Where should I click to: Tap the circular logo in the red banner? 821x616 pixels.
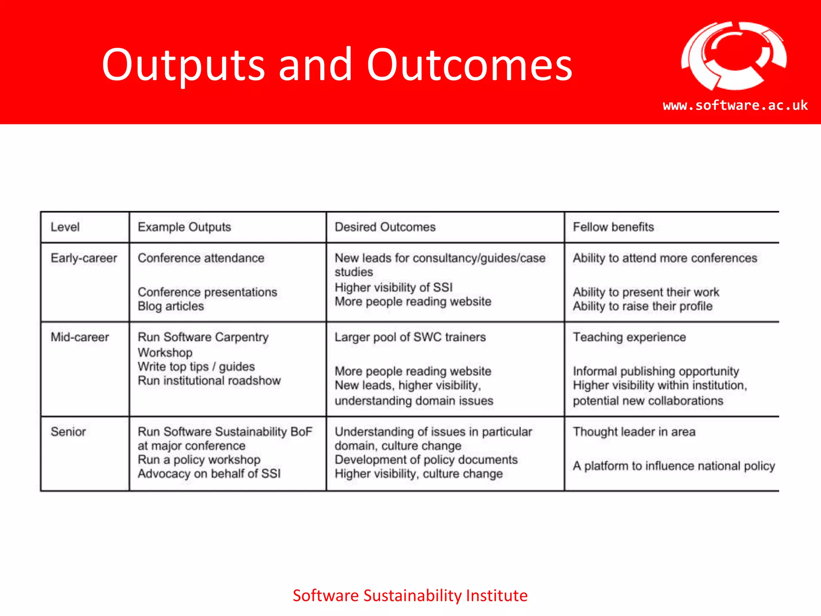coord(734,56)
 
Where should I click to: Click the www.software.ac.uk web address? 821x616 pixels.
coord(735,105)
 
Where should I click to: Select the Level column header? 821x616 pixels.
coord(65,227)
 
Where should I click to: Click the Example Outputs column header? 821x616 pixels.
coord(184,227)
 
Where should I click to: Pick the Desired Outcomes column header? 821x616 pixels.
coord(385,227)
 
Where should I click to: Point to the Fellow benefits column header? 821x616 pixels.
coord(613,227)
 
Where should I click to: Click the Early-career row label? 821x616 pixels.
coord(84,258)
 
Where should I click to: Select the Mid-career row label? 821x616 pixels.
coord(80,337)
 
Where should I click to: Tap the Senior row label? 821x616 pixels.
coord(68,432)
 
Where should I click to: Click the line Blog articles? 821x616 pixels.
coord(171,306)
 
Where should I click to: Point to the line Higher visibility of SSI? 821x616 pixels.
coord(394,288)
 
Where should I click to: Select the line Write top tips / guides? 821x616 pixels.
coord(196,367)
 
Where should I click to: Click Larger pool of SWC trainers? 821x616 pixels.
coord(410,337)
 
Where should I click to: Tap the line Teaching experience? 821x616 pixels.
coord(629,337)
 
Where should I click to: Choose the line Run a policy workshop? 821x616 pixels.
coord(199,460)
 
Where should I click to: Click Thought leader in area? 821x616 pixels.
coord(634,432)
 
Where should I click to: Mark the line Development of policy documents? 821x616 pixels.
coord(426,460)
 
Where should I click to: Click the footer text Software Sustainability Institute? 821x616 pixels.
coord(410,596)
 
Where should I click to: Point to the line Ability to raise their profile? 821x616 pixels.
coord(643,306)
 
